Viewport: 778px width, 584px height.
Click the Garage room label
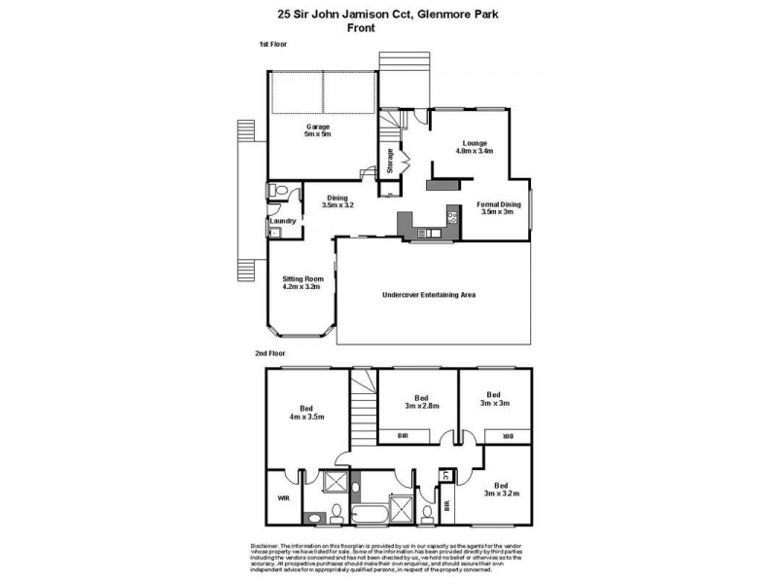319,127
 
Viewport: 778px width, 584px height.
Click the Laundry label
282,221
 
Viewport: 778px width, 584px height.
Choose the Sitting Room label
301,278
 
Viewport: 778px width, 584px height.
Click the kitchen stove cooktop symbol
451,216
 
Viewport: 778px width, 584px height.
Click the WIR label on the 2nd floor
284,497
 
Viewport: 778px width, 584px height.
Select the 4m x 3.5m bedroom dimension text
307,415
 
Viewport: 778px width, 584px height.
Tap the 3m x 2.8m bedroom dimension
421,406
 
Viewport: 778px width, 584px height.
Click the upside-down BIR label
508,437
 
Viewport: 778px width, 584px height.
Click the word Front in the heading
361,28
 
